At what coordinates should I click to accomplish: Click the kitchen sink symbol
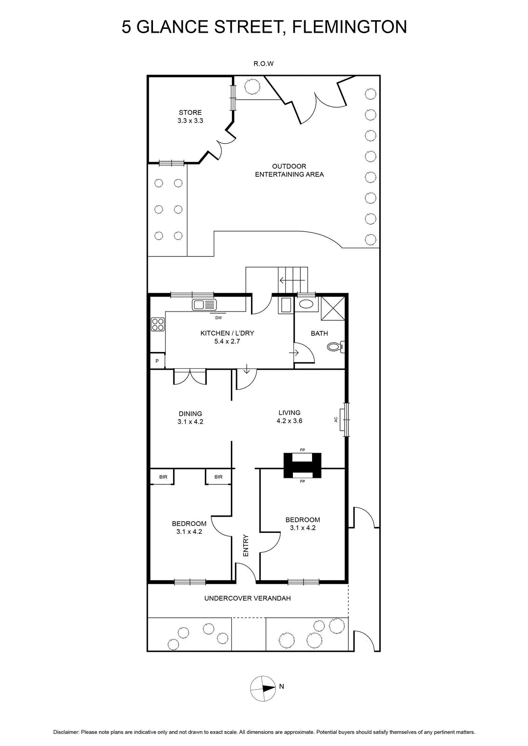204,304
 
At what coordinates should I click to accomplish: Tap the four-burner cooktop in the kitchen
158,325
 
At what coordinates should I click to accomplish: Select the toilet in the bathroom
336,347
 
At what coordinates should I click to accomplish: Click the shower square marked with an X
333,308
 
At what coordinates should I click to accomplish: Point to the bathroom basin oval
306,304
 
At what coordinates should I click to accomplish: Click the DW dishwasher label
218,318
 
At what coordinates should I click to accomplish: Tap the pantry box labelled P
157,361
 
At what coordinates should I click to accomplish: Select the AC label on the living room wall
336,419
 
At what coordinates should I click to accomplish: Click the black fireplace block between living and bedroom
302,465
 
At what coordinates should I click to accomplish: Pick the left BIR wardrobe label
163,477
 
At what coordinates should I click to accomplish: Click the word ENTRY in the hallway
246,546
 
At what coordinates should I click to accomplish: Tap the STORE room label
190,112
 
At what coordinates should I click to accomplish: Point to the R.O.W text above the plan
264,63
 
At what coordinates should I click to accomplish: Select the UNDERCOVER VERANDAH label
248,598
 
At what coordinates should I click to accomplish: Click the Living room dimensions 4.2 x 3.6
290,421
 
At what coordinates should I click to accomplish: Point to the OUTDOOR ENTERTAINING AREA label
289,170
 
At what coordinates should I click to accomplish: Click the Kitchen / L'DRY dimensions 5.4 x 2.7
227,341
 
